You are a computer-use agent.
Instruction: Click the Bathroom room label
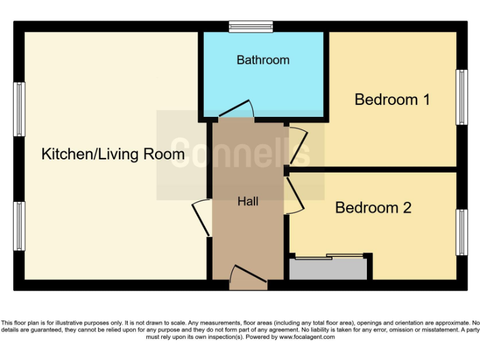coord(262,60)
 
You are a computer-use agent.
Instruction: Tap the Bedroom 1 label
coord(392,99)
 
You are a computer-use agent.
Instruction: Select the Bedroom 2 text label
coord(373,207)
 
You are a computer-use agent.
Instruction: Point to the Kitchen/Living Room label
coord(112,154)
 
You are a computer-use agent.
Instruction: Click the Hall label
coord(247,201)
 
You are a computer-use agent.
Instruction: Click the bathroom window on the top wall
coord(251,26)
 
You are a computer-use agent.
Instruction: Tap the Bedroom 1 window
coord(461,97)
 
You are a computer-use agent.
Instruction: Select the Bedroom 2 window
coord(461,232)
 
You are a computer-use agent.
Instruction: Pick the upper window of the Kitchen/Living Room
coord(19,109)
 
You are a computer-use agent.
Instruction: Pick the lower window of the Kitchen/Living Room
coord(19,225)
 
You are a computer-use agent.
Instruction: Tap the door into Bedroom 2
coord(294,196)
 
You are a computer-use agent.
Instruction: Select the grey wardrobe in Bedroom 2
coord(327,269)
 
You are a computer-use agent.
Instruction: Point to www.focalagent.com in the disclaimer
coord(306,337)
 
